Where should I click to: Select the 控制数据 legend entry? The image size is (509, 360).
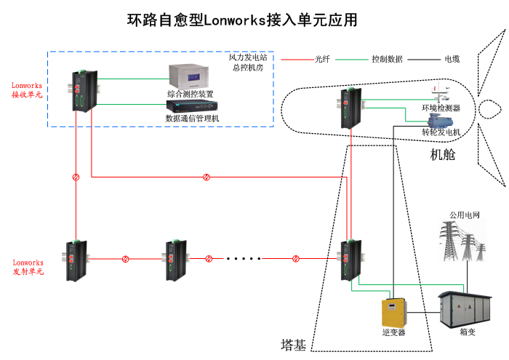[387, 59]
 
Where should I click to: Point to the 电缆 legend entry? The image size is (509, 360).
[452, 59]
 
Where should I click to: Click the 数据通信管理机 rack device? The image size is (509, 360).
[191, 107]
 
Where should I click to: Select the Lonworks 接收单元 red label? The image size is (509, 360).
[27, 90]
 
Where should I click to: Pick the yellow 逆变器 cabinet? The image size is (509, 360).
[393, 312]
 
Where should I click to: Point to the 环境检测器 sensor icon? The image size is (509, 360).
[438, 95]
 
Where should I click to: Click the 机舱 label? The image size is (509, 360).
[443, 155]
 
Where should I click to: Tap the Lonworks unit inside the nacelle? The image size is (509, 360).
[353, 107]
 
